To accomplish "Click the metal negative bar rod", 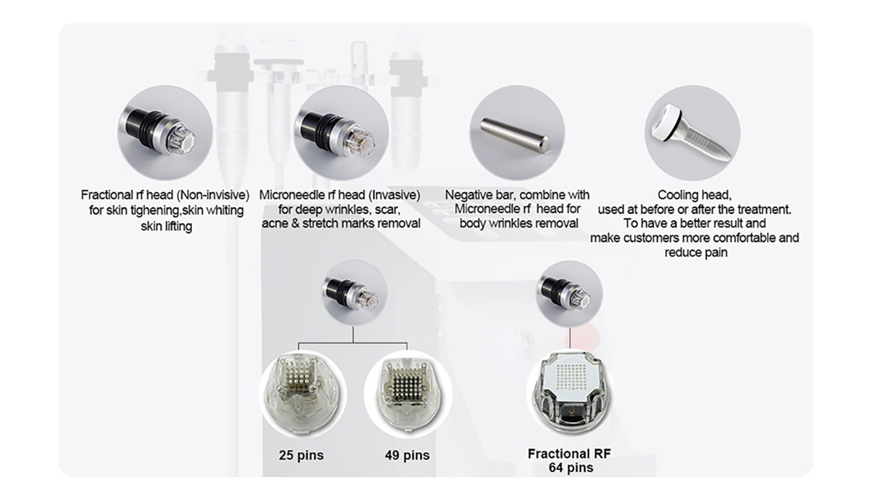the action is [x=515, y=135].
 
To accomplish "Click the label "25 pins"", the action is [x=301, y=455].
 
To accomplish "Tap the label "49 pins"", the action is [x=407, y=455].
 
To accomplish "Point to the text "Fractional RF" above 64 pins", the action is [x=569, y=454].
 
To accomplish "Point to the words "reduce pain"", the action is [x=695, y=252].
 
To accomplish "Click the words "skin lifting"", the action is [x=167, y=226].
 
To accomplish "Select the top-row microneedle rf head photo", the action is [x=335, y=132].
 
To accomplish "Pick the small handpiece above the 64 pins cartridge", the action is [x=566, y=293].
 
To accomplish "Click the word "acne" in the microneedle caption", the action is [x=274, y=224].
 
